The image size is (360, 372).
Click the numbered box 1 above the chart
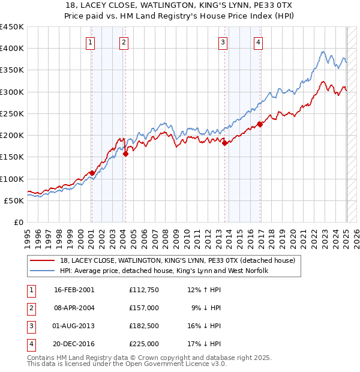[89, 42]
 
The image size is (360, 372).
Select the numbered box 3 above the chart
[223, 42]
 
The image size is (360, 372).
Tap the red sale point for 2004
[125, 154]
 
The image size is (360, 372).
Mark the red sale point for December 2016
[260, 125]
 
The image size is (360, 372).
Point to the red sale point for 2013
[224, 143]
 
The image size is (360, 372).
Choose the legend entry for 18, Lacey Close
[177, 261]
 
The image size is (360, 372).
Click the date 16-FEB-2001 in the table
[74, 290]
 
